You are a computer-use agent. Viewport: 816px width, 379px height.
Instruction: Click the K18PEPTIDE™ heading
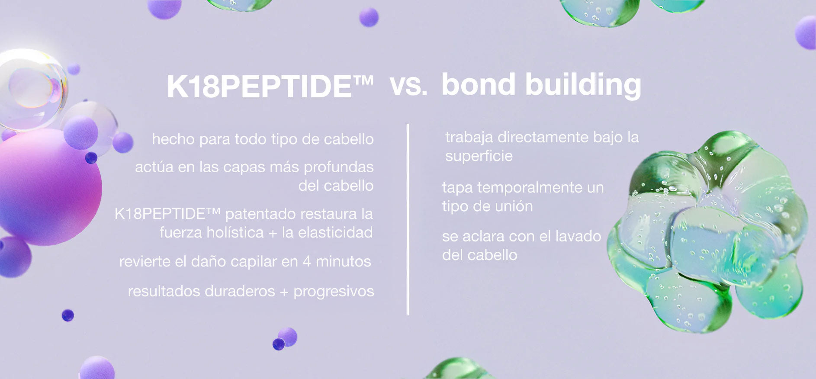tap(270, 87)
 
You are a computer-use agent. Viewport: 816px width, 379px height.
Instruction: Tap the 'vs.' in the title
tap(408, 85)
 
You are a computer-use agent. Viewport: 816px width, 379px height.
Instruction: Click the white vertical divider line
tap(408, 219)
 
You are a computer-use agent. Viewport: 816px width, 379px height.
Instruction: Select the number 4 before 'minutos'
tap(307, 261)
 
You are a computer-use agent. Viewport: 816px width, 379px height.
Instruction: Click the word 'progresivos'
tap(334, 292)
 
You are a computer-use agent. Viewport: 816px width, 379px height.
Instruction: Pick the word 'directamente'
tap(543, 137)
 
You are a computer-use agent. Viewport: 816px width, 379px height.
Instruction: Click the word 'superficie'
tap(479, 156)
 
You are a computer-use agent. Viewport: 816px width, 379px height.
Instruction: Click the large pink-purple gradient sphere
tap(48, 187)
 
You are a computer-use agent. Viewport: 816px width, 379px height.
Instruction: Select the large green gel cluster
tap(707, 231)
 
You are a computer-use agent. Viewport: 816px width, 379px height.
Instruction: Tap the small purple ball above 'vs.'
tap(369, 17)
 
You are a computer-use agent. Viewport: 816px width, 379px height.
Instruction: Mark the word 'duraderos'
tap(238, 291)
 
